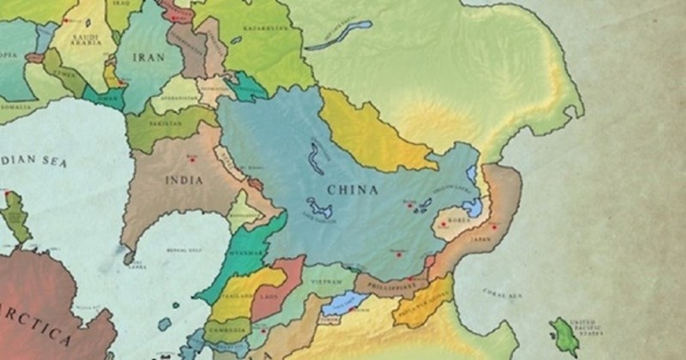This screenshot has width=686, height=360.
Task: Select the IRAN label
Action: pyautogui.click(x=149, y=57)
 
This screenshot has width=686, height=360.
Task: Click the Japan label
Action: pyautogui.click(x=483, y=239)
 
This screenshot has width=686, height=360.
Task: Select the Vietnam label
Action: pyautogui.click(x=328, y=280)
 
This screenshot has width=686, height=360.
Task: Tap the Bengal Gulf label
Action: pyautogui.click(x=182, y=251)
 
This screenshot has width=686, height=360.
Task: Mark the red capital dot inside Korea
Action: pyautogui.click(x=443, y=225)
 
